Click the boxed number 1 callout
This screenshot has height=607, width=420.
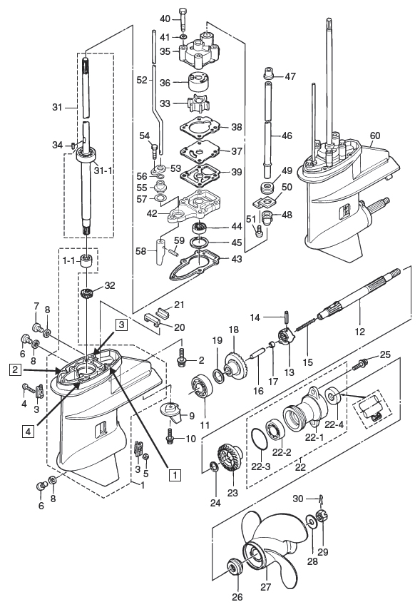[175, 474]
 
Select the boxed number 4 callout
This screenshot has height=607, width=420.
[28, 431]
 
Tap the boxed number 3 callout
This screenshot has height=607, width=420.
[121, 325]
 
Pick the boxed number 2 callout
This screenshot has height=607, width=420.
[15, 370]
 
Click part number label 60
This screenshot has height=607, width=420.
[375, 136]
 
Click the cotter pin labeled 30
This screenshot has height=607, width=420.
[320, 500]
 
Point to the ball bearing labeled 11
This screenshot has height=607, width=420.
[202, 387]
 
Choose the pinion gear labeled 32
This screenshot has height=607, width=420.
[88, 292]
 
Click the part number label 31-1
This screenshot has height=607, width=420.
[103, 170]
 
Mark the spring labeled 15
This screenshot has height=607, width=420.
[306, 325]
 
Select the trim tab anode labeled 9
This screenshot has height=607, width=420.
[173, 413]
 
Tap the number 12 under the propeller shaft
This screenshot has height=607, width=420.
[359, 332]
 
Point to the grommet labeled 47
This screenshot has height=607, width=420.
[268, 73]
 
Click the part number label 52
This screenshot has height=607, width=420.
[142, 80]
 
